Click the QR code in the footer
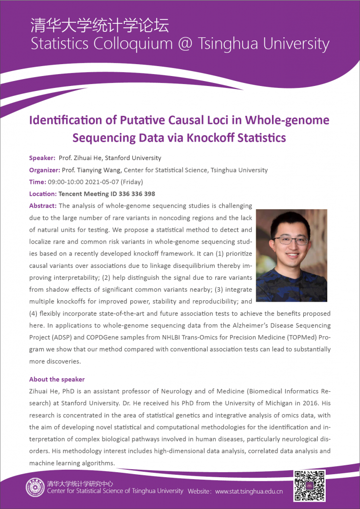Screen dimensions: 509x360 (x=309, y=486)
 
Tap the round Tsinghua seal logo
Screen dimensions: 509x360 (x=35, y=488)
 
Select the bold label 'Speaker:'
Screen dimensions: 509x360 (x=42, y=158)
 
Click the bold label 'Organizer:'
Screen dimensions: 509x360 (x=45, y=170)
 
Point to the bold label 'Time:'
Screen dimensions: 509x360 (x=38, y=182)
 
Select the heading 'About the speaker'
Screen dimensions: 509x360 (x=57, y=379)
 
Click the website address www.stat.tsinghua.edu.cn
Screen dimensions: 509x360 (x=249, y=492)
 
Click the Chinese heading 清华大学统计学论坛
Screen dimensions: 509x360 (x=99, y=25)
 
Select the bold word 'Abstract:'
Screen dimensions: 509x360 (x=43, y=206)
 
